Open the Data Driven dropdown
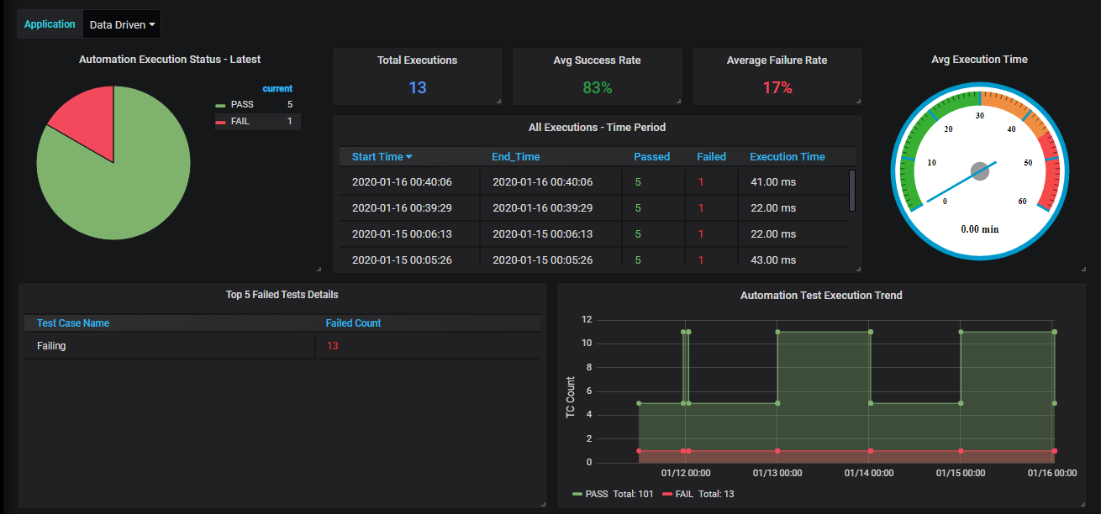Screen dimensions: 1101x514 pos(122,24)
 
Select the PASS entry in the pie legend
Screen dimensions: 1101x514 pos(242,105)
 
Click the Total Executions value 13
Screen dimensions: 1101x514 pos(418,88)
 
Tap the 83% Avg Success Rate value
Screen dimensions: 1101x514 pos(598,88)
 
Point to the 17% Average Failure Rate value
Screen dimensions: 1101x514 pos(777,88)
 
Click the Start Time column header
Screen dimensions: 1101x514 pos(377,157)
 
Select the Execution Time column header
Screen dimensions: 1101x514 pos(787,157)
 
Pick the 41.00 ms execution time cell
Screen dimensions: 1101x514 pos(773,181)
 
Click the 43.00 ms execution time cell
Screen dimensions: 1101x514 pos(773,260)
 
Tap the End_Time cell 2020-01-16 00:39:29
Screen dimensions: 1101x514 pos(543,207)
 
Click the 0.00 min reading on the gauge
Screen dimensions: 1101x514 pos(980,229)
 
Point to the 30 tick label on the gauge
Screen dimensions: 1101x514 pos(980,115)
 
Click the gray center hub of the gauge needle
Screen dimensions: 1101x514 pos(980,171)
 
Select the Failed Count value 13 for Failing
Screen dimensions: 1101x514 pos(332,346)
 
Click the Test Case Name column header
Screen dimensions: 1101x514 pos(73,323)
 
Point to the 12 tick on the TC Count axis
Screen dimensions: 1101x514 pos(587,319)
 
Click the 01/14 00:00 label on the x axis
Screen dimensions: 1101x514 pos(869,473)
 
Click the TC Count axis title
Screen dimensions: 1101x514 pos(570,397)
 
